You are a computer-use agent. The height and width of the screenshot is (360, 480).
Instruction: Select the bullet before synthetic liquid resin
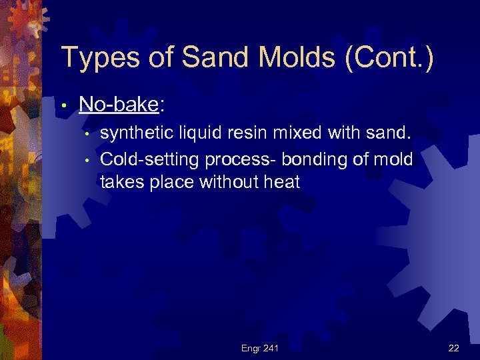87,135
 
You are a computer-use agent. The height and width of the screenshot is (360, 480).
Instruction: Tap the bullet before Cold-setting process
87,161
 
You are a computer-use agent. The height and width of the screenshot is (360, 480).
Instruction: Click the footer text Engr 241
259,348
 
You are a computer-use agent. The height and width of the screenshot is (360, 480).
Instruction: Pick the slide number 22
454,348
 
